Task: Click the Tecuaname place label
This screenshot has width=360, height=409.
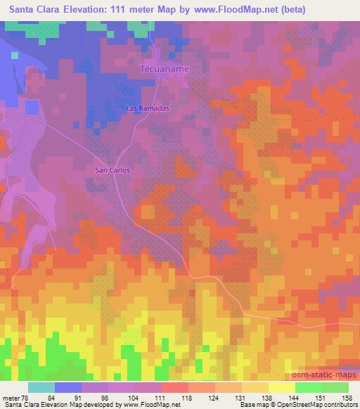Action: (165, 70)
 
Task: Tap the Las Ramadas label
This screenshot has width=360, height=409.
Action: (148, 109)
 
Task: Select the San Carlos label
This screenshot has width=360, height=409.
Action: (112, 170)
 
